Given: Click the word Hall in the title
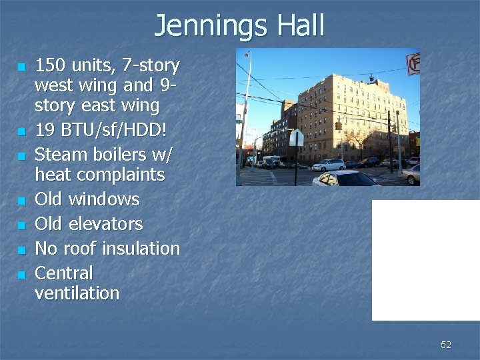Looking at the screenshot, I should pyautogui.click(x=299, y=25).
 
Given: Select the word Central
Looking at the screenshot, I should pyautogui.click(x=63, y=273).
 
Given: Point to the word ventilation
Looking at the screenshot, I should pyautogui.click(x=77, y=293).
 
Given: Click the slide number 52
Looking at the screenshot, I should pyautogui.click(x=446, y=345).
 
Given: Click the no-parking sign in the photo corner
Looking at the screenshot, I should pyautogui.click(x=413, y=63).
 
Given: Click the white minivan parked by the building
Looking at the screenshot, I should pyautogui.click(x=329, y=165).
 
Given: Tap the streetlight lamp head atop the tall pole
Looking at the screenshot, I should pyautogui.click(x=247, y=55).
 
